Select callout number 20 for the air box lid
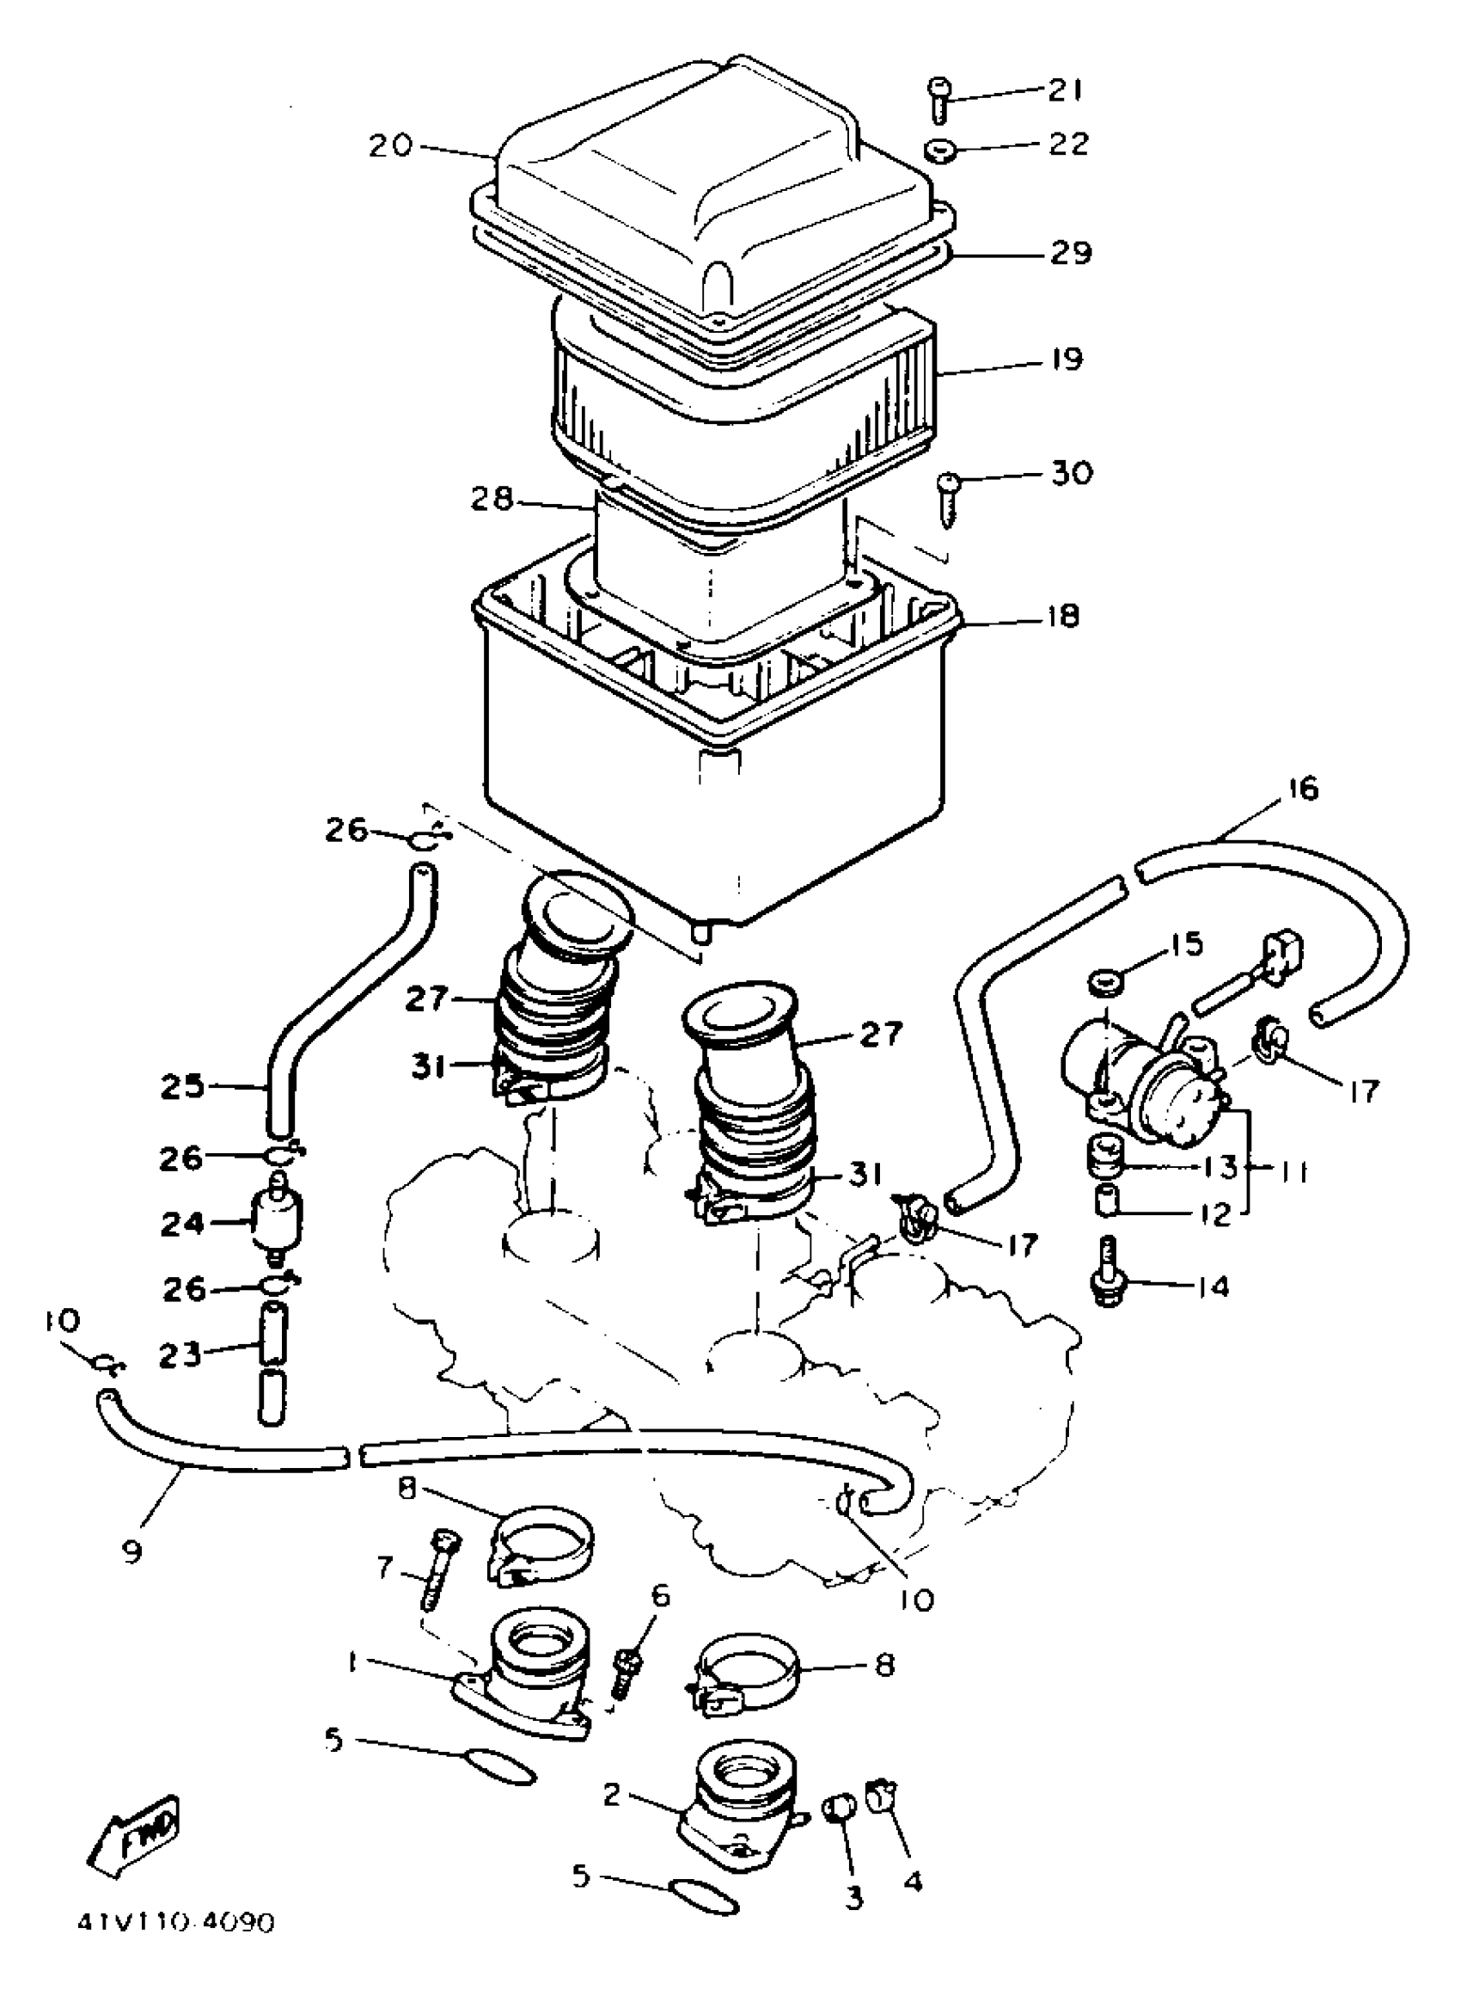[391, 145]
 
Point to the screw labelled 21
[938, 100]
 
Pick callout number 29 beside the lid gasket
[1071, 254]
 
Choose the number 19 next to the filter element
[1067, 359]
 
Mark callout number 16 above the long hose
[1303, 789]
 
